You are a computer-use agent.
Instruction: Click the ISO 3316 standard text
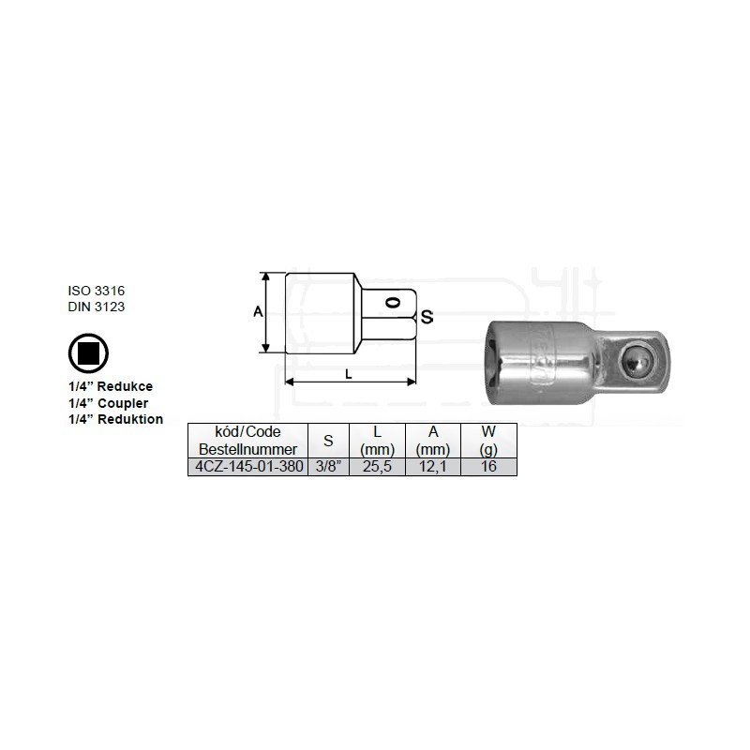(x=97, y=291)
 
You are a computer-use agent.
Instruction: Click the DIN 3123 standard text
(x=97, y=307)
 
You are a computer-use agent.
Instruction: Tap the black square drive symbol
(x=88, y=353)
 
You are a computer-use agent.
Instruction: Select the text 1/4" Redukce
(x=111, y=386)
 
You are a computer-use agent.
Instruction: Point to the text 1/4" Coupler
(x=108, y=403)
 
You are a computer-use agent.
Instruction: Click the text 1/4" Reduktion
(x=115, y=419)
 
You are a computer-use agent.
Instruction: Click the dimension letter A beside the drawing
(x=258, y=312)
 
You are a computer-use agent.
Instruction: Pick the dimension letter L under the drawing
(x=349, y=374)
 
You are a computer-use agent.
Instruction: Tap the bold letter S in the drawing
(x=427, y=317)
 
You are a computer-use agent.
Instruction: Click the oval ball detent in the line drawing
(x=393, y=302)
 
